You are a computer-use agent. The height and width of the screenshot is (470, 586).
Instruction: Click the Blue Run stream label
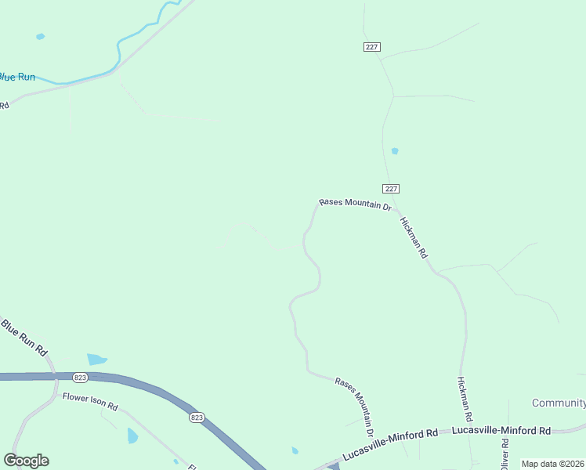[17, 77]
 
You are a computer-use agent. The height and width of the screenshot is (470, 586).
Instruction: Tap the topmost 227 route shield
[372, 47]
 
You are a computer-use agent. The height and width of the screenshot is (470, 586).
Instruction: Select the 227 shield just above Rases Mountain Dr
[392, 189]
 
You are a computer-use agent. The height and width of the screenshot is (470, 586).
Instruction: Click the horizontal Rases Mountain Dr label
[355, 205]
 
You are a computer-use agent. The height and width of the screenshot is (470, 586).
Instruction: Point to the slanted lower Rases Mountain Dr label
[354, 406]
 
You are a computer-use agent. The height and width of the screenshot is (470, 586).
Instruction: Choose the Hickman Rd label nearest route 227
[414, 237]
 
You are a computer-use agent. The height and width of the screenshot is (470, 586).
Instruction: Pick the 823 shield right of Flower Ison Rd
[196, 418]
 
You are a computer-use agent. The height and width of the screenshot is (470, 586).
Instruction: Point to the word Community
[559, 403]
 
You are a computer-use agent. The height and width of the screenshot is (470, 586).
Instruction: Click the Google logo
[26, 461]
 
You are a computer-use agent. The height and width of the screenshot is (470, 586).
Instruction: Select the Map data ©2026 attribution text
[552, 464]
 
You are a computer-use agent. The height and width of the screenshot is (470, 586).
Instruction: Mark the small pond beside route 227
[395, 150]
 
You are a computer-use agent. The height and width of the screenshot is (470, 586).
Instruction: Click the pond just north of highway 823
[97, 359]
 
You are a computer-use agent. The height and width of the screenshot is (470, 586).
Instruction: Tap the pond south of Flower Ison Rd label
[132, 436]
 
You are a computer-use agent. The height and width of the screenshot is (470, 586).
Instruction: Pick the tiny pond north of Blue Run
[40, 36]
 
